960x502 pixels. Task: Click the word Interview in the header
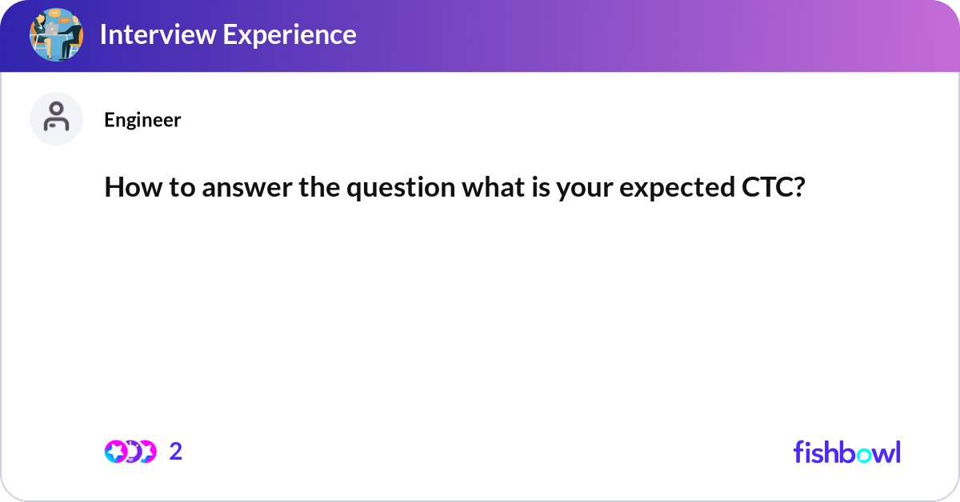(158, 34)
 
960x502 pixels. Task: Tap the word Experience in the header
(290, 35)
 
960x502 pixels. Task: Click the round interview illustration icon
(56, 34)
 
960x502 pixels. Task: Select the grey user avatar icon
(56, 118)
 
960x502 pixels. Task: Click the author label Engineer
(142, 120)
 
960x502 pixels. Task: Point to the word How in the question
(134, 187)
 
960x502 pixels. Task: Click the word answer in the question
(247, 188)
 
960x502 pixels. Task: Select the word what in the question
(494, 187)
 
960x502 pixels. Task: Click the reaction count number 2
(176, 452)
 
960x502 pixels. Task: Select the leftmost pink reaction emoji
(116, 452)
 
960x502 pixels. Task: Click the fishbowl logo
(847, 452)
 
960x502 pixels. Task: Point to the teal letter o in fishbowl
(864, 455)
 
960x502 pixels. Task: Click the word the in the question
(319, 187)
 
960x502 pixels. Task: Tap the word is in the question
(541, 187)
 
